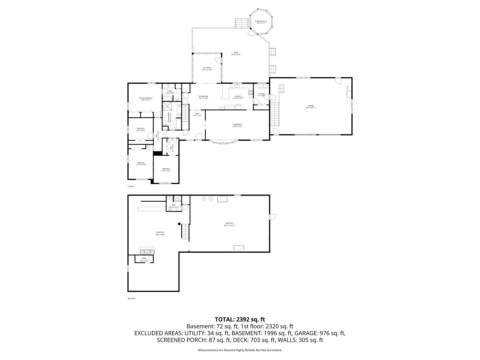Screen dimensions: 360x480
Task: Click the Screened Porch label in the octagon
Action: pyautogui.click(x=261, y=22)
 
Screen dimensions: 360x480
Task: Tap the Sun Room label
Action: pyautogui.click(x=207, y=69)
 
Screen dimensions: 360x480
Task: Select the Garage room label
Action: pyautogui.click(x=311, y=107)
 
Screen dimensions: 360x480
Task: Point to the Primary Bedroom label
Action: pyautogui.click(x=145, y=99)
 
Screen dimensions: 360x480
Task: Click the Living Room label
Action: pyautogui.click(x=237, y=125)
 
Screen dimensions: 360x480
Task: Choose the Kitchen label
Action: pyautogui.click(x=238, y=97)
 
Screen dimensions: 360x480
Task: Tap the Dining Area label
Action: pyautogui.click(x=203, y=97)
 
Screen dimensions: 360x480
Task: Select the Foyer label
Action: pyautogui.click(x=197, y=114)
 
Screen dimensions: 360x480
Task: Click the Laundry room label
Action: pyautogui.click(x=261, y=94)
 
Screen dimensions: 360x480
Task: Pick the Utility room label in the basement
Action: pyautogui.click(x=144, y=259)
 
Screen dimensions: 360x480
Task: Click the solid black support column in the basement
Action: pyautogui.click(x=179, y=224)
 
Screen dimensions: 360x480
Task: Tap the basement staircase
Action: pyautogui.click(x=185, y=231)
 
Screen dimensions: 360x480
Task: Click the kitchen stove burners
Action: pyautogui.click(x=251, y=93)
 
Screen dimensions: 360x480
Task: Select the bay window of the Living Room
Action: pyautogui.click(x=224, y=142)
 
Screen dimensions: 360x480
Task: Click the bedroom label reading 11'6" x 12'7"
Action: pyautogui.click(x=166, y=170)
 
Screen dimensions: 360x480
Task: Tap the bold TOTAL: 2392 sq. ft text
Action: pyautogui.click(x=240, y=319)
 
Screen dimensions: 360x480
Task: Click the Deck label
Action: pyautogui.click(x=236, y=53)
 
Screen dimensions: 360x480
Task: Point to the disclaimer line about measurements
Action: pyautogui.click(x=240, y=350)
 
